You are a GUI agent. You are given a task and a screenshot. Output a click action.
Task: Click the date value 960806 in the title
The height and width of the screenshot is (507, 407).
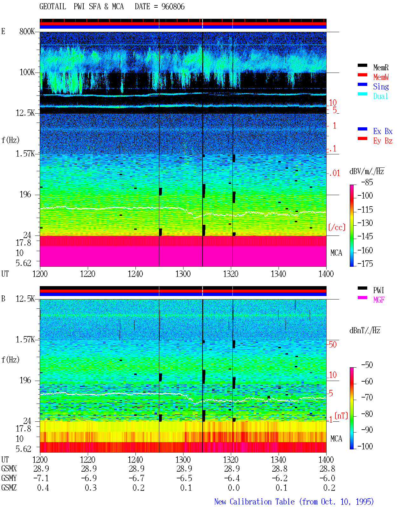click(173, 7)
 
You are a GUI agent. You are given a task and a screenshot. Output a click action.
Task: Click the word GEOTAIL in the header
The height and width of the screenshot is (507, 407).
click(53, 7)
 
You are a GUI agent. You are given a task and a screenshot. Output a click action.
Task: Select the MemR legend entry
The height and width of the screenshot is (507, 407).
click(381, 67)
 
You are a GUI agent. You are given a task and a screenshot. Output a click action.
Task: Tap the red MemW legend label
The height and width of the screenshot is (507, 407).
click(381, 77)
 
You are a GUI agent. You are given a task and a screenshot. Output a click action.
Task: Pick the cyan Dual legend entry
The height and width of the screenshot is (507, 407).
click(381, 96)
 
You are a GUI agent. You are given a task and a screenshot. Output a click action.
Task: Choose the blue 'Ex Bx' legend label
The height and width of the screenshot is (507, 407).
click(383, 131)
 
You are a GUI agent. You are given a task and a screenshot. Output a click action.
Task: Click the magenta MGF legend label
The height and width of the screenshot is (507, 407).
click(379, 300)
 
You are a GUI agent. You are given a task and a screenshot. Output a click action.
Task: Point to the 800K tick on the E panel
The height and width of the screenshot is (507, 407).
click(27, 31)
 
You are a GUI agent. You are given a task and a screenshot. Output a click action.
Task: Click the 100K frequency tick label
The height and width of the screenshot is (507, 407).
click(27, 72)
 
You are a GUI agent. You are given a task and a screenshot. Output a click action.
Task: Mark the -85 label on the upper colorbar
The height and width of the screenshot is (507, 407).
click(367, 182)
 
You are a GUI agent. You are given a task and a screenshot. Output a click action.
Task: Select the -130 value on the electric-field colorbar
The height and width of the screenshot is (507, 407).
click(365, 223)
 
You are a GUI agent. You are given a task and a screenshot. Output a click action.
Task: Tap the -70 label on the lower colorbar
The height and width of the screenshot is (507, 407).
click(367, 398)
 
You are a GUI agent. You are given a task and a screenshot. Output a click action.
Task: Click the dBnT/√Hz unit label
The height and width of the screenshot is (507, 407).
click(365, 331)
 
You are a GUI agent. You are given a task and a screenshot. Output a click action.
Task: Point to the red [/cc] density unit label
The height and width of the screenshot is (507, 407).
click(337, 227)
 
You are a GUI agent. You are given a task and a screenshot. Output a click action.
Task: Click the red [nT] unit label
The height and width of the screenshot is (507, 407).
click(341, 416)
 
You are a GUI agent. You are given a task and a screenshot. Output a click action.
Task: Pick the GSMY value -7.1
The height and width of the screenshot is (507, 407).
click(41, 478)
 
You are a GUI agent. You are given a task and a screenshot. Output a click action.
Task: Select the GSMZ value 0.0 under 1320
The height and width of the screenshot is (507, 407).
click(234, 488)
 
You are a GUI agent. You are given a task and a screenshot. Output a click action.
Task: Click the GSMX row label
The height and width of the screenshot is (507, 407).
click(9, 469)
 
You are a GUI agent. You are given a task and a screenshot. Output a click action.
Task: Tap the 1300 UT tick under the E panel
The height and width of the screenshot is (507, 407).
click(183, 274)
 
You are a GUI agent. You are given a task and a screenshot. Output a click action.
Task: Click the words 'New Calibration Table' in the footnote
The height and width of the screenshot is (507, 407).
click(254, 502)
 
